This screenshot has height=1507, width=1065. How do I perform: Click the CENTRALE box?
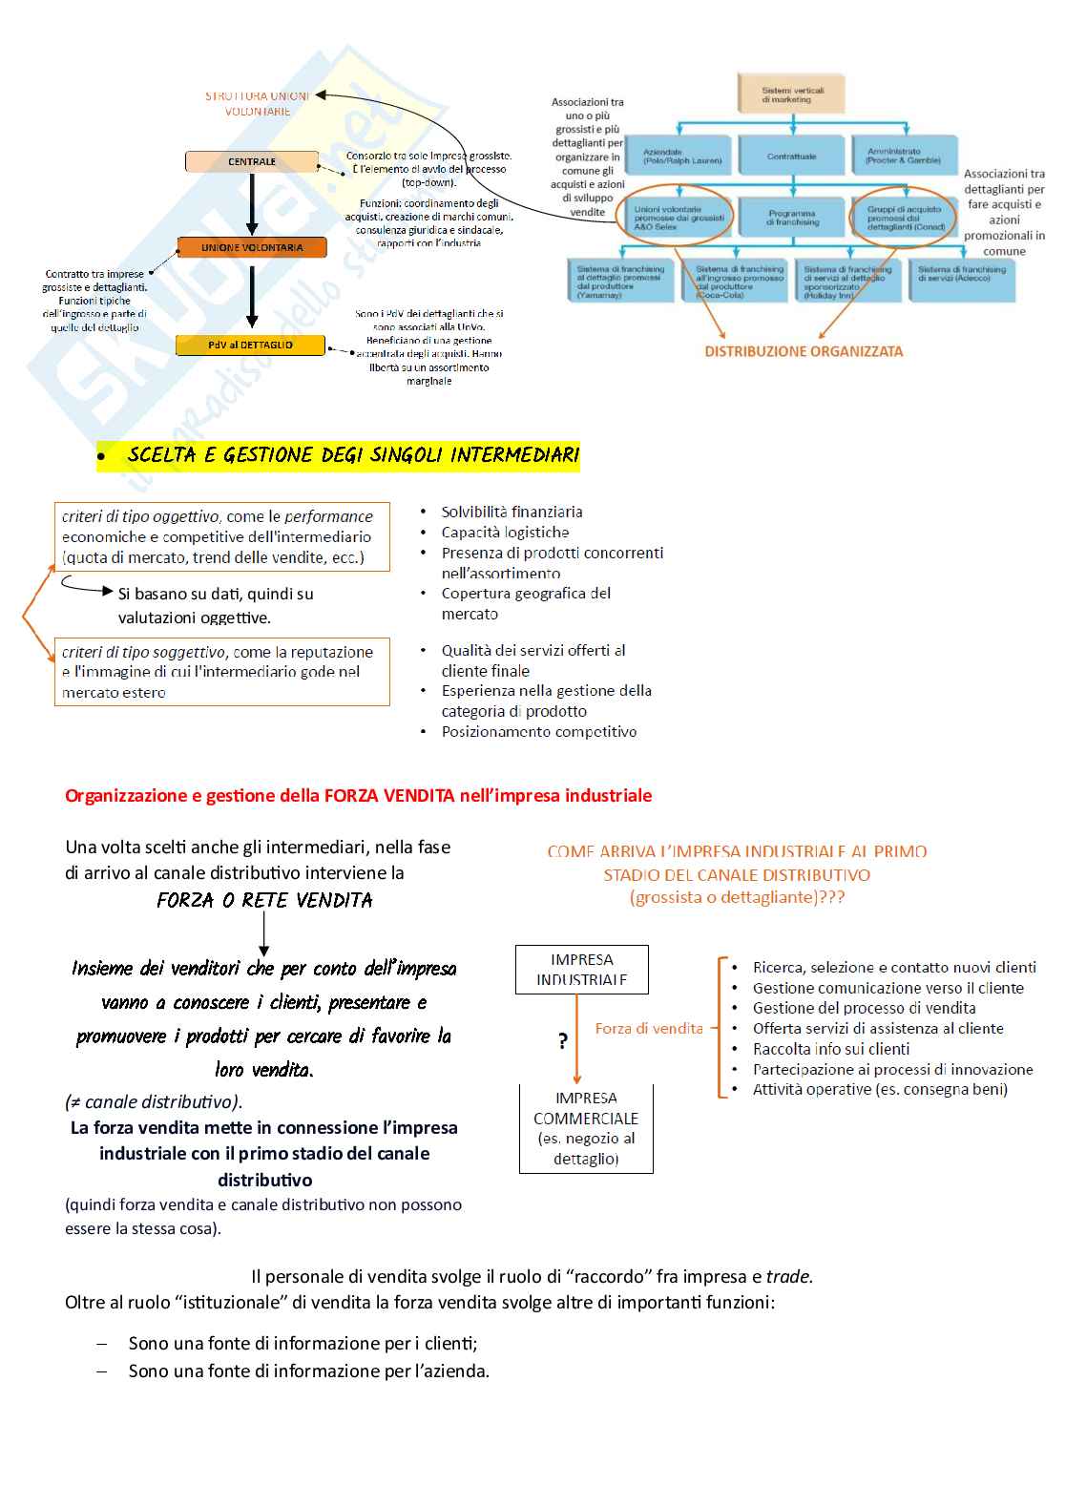coord(252,161)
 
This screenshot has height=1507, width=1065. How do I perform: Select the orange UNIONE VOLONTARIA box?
coord(252,247)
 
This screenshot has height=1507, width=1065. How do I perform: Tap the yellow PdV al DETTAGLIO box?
coord(250,345)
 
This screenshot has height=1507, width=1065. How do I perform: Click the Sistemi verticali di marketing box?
coord(792,94)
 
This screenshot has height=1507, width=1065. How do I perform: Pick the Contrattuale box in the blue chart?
coord(792,156)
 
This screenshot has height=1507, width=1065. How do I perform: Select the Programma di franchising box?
coord(792,218)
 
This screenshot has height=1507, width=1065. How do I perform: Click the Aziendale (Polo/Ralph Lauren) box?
coord(681,156)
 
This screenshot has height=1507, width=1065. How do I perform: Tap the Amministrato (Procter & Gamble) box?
coord(903,156)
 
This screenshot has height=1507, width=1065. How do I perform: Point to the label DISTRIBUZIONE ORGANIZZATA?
coord(804,351)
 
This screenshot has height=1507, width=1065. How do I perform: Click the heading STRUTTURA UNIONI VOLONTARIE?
coord(258,103)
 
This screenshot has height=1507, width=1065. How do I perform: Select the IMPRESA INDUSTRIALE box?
coord(581,970)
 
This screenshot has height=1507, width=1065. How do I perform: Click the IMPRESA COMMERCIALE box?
coord(586,1128)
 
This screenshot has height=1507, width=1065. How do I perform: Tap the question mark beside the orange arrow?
coord(563,1041)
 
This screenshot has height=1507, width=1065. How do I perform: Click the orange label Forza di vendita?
coord(649,1029)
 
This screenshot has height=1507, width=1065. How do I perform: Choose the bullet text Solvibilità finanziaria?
coord(512,512)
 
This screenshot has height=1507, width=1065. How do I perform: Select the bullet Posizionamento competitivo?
coord(539,732)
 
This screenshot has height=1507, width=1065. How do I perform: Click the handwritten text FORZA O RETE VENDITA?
coord(264,900)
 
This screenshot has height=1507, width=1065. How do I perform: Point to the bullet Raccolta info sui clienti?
coord(831,1049)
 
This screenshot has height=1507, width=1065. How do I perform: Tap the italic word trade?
coord(788,1276)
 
